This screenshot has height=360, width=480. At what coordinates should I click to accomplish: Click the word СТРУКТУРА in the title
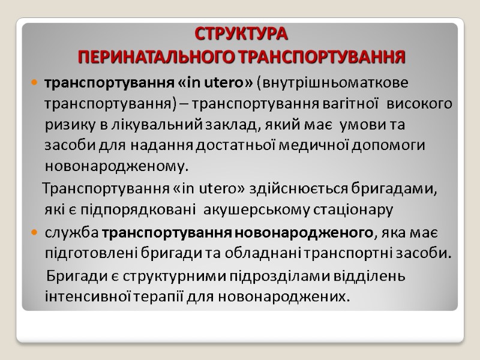click(242, 32)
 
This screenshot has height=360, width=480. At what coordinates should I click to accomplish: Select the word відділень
click(373, 277)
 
